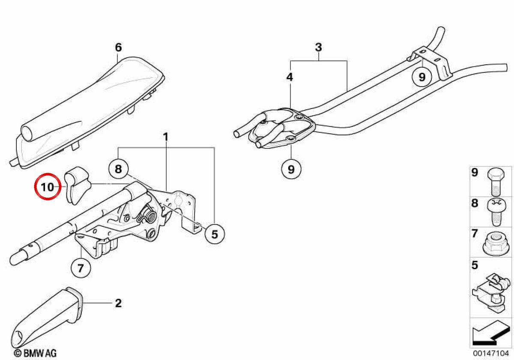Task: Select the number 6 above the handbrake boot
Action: click(118, 48)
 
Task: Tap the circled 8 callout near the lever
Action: click(118, 169)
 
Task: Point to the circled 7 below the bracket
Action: click(81, 268)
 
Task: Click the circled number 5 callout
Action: click(215, 234)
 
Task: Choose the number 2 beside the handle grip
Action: click(118, 303)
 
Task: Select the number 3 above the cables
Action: click(319, 47)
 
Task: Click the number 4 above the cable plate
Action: click(290, 77)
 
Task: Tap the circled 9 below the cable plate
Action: click(291, 169)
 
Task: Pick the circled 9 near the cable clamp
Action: click(422, 77)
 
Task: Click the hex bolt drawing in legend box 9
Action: click(496, 182)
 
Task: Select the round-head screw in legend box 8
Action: click(496, 212)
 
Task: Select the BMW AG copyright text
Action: click(35, 353)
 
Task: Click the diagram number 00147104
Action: click(491, 353)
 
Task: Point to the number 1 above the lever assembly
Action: click(166, 137)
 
